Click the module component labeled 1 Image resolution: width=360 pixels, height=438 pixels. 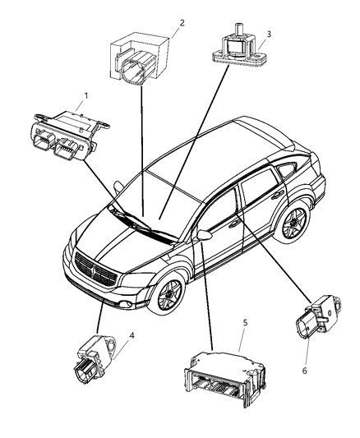68,131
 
